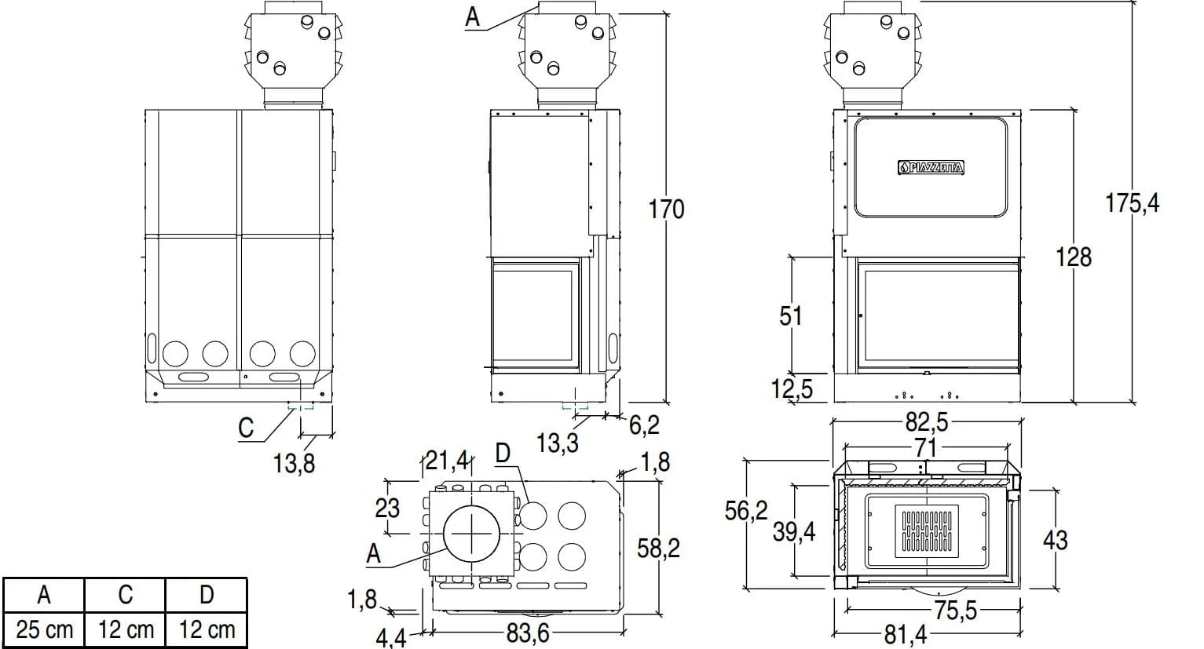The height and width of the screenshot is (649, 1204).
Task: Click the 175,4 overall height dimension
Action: coord(1132,203)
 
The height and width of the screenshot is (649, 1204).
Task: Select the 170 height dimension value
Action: coord(666,210)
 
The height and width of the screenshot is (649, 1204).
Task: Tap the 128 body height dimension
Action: coord(1074,257)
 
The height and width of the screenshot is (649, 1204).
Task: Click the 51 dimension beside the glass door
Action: coord(791,315)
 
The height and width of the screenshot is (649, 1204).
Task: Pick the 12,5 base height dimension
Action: coord(792,388)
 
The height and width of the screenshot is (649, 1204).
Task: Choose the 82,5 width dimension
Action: coord(927,423)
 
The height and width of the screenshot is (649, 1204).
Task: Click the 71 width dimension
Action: coord(926,448)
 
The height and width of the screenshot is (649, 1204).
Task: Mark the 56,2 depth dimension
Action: coord(745,511)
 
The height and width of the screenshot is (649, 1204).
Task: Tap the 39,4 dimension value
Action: coord(794,532)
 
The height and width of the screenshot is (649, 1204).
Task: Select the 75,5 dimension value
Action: coord(955,611)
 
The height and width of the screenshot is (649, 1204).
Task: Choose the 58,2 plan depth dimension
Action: coord(658,549)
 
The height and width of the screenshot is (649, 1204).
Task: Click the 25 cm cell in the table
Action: coord(44,629)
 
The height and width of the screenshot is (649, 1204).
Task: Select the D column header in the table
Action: coord(206,595)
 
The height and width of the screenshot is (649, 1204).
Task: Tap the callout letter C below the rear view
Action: coord(247,428)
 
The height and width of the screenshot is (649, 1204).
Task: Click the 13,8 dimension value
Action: coord(294,464)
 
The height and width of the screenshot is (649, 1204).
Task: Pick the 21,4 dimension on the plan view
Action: coord(446,459)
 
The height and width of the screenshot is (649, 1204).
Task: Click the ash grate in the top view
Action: coord(927,529)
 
